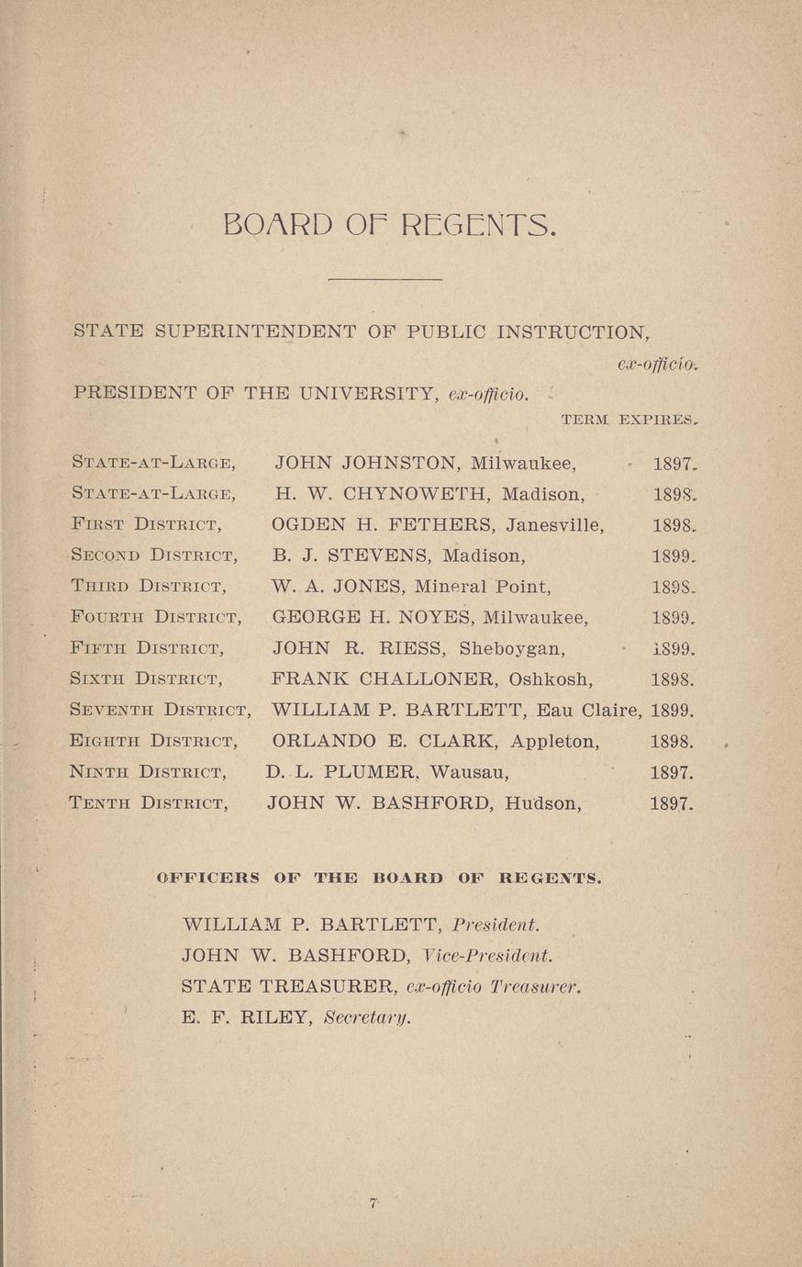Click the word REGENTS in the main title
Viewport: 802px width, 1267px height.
478,224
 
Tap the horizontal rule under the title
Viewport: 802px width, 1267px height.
384,279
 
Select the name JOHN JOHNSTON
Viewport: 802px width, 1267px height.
365,464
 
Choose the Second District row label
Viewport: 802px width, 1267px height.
154,555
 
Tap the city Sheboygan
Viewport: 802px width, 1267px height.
512,648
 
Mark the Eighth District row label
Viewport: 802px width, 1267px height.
154,741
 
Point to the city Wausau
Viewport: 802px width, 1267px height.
466,772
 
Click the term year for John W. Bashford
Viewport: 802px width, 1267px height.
671,803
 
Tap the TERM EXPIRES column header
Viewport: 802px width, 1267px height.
629,420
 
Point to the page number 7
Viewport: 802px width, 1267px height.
374,1204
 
